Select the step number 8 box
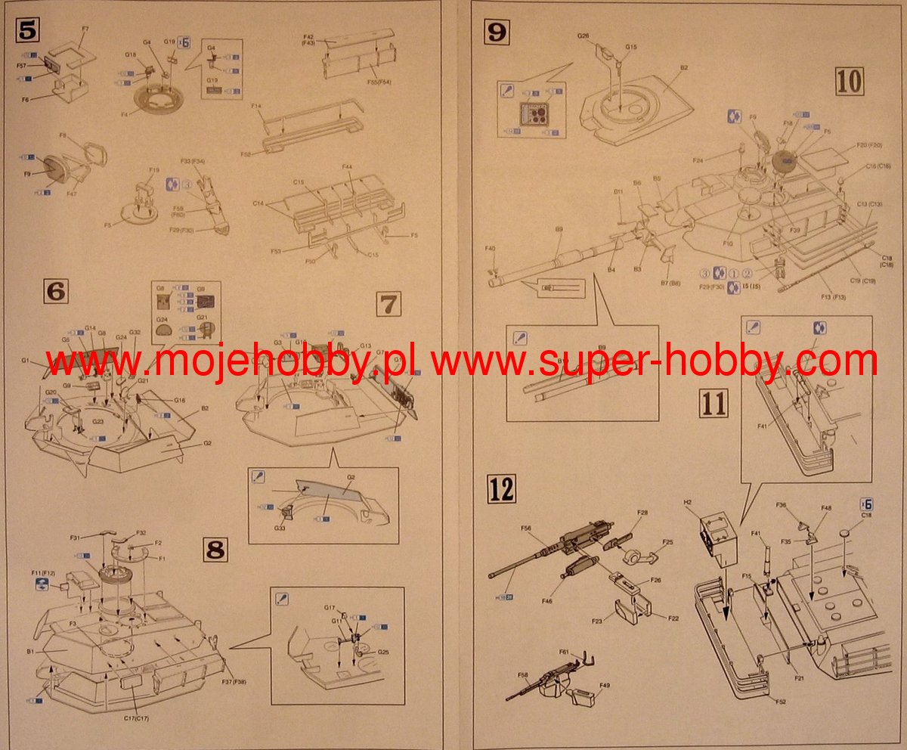pyautogui.click(x=216, y=550)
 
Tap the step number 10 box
pyautogui.click(x=850, y=80)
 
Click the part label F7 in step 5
pyautogui.click(x=85, y=29)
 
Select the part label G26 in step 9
pyautogui.click(x=584, y=36)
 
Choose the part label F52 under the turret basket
pyautogui.click(x=780, y=702)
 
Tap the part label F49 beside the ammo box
pyautogui.click(x=605, y=686)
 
